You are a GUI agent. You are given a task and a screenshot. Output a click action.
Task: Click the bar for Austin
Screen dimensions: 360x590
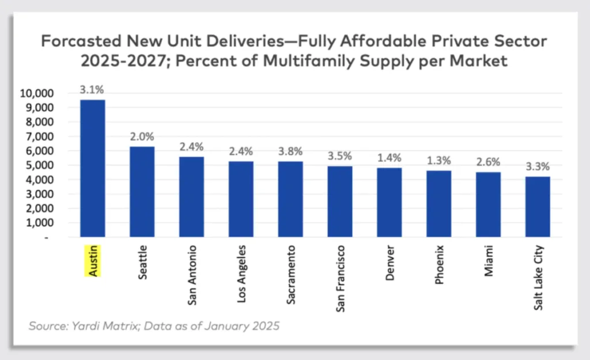[x=92, y=168]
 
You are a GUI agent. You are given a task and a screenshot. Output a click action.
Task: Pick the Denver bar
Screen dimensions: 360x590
[x=389, y=202]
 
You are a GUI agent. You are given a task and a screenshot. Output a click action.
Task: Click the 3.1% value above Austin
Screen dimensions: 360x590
[x=92, y=90]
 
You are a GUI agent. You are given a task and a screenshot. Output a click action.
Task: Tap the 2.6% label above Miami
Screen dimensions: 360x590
[x=488, y=162]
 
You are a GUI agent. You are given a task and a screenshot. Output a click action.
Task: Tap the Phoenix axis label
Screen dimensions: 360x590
[x=440, y=266]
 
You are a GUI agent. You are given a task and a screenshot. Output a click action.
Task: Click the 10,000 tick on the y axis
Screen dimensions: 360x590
[x=37, y=93]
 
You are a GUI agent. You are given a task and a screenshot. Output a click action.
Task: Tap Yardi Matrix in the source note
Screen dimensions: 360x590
[x=93, y=326]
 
